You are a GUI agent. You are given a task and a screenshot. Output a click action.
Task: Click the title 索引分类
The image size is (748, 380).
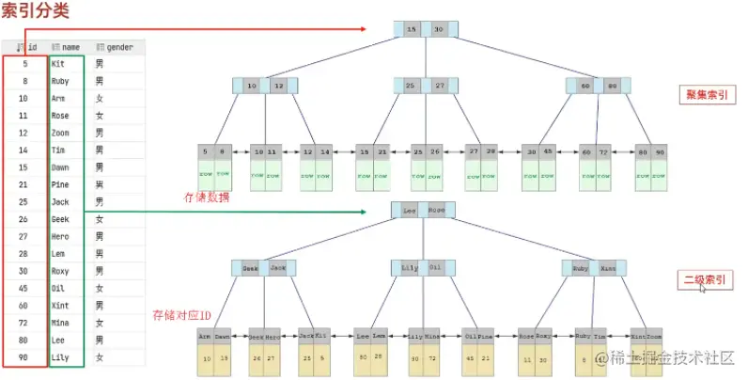35,12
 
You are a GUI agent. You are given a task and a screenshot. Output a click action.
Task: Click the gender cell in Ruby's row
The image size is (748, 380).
100,80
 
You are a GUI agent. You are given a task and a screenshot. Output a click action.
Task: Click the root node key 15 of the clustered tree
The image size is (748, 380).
411,30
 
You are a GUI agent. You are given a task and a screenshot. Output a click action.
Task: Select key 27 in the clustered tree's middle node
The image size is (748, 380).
440,86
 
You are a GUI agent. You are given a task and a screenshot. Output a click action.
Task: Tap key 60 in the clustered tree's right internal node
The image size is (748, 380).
585,86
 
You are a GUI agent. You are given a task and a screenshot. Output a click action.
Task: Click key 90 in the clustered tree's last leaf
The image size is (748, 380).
661,150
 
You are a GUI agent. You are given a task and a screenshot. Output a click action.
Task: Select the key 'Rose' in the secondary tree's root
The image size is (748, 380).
437,212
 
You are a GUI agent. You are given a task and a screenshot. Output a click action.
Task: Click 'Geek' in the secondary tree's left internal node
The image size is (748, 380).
250,268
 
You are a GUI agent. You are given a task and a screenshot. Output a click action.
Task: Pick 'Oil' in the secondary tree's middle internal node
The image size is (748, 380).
435,268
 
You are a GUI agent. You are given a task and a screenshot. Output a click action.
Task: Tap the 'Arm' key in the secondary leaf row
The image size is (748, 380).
205,335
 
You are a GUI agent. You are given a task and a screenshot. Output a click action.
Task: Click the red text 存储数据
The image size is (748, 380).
206,198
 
